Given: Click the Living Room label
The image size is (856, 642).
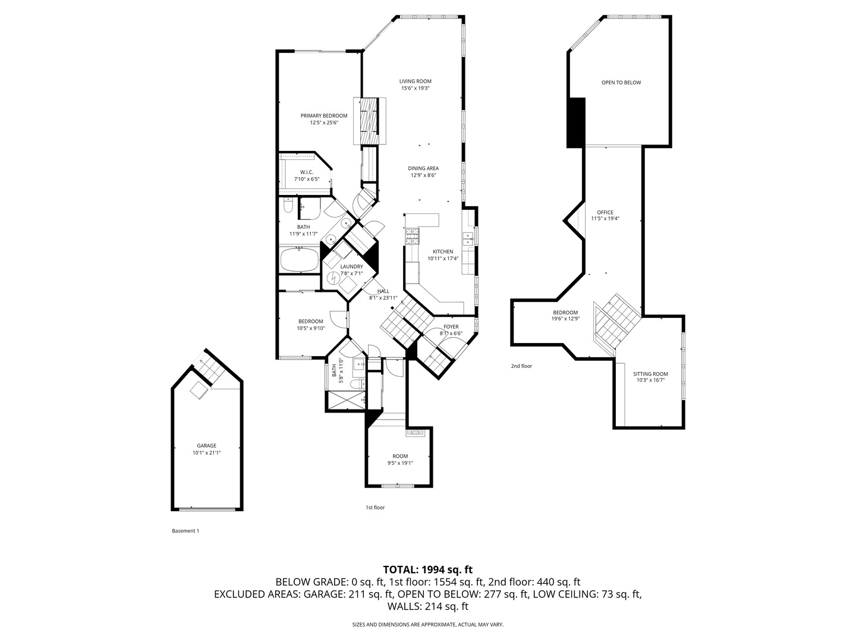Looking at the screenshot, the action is pyautogui.click(x=415, y=81).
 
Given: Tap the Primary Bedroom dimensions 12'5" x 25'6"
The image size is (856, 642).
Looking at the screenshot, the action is pyautogui.click(x=324, y=122).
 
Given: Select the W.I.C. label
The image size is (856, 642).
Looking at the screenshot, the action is pyautogui.click(x=307, y=172).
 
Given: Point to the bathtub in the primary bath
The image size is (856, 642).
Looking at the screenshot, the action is pyautogui.click(x=299, y=260).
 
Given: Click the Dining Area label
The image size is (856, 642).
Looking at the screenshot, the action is pyautogui.click(x=423, y=168).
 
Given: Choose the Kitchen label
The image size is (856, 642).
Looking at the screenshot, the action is pyautogui.click(x=443, y=251).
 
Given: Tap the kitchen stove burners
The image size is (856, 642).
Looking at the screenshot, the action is pyautogui.click(x=413, y=237).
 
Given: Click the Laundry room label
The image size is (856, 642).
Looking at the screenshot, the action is pyautogui.click(x=351, y=267).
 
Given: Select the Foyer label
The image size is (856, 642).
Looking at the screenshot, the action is pyautogui.click(x=451, y=327).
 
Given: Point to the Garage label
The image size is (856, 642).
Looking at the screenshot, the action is pyautogui.click(x=206, y=446).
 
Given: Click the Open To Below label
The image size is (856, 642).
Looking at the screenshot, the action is pyautogui.click(x=621, y=83).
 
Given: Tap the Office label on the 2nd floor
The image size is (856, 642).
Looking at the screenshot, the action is pyautogui.click(x=605, y=212).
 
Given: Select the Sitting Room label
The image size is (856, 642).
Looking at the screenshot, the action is pyautogui.click(x=650, y=374).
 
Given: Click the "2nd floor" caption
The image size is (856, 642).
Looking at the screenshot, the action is pyautogui.click(x=521, y=366).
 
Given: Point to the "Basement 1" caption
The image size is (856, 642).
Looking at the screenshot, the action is pyautogui.click(x=185, y=530).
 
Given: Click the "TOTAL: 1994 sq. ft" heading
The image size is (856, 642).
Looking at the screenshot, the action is pyautogui.click(x=428, y=569).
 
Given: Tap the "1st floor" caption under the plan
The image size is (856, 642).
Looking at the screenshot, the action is pyautogui.click(x=374, y=507).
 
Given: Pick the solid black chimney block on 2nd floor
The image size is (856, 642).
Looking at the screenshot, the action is pyautogui.click(x=575, y=122).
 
